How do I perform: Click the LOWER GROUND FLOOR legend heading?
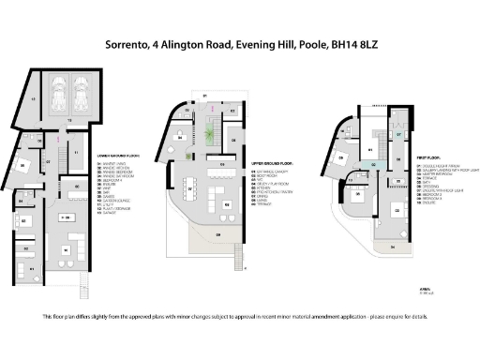click(x=116, y=156)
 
